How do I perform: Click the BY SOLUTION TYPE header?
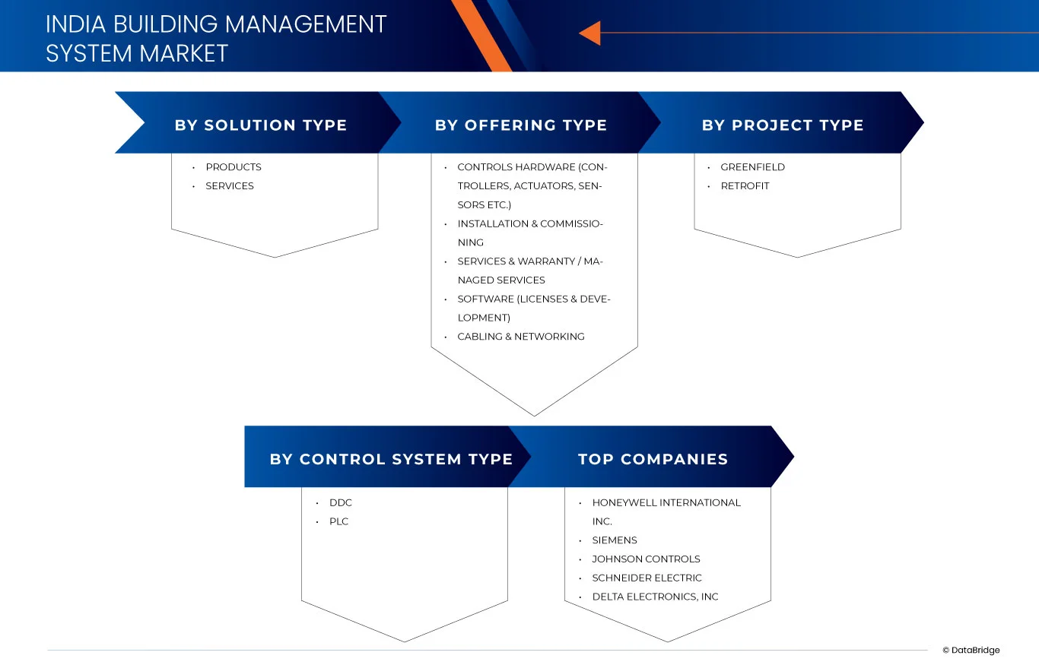point(260,125)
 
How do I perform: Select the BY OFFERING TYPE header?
point(520,125)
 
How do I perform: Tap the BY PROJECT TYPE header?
point(783,125)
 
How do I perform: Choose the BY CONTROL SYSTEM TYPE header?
point(391,459)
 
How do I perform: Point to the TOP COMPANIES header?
point(653,459)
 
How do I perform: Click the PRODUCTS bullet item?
point(233,167)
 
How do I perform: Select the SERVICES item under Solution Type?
point(229,186)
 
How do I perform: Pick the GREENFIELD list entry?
point(752,167)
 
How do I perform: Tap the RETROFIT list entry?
point(745,186)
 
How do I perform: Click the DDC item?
point(340,503)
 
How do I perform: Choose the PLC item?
point(338,522)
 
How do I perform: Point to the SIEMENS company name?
point(615,540)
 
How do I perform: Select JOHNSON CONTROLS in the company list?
point(646,559)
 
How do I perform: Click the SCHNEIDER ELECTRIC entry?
point(647,578)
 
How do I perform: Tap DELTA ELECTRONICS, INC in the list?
point(655,597)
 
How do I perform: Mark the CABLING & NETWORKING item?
point(520,337)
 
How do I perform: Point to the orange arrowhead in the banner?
point(589,33)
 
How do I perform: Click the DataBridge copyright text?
point(971,651)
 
